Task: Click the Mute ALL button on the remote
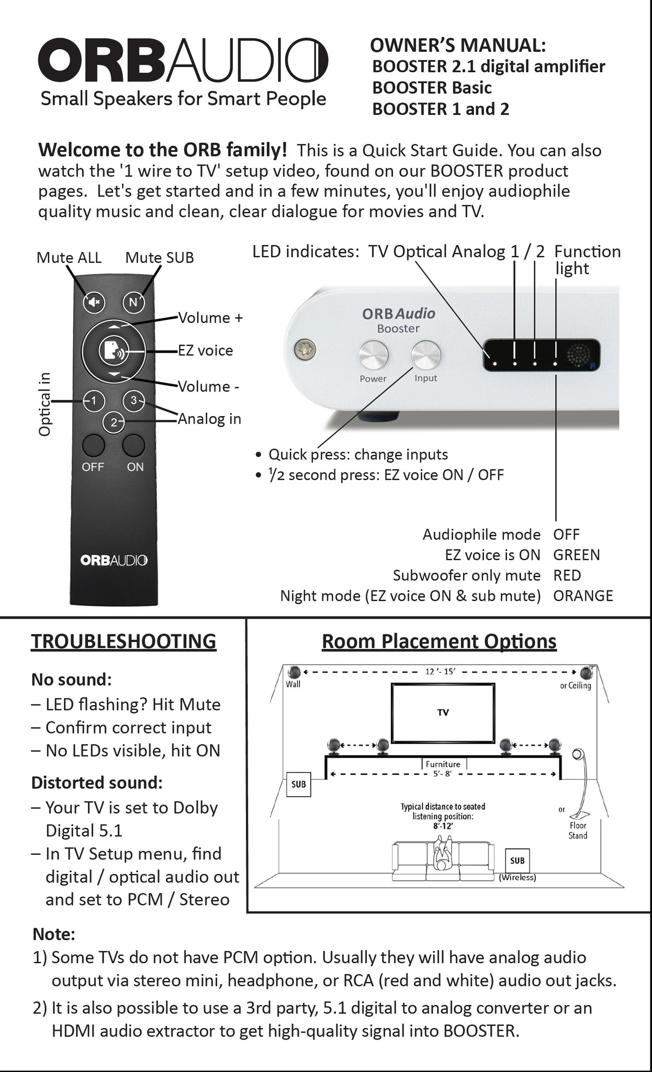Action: pos(94,302)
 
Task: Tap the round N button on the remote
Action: pos(133,302)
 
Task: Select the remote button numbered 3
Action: pos(133,401)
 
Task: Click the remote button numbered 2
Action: pos(114,422)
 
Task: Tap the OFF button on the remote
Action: pos(94,445)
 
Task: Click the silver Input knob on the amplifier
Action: pos(425,355)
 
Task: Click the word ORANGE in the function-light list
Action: pos(583,596)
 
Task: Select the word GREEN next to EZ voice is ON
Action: pos(577,555)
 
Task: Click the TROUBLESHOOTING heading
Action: pos(123,641)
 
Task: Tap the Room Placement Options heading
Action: pos(439,641)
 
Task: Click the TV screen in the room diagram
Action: pos(443,712)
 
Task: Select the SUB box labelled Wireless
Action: pos(517,861)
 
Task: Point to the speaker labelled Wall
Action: pos(294,672)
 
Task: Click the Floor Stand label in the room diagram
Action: pos(578,831)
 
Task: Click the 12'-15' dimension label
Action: pos(439,672)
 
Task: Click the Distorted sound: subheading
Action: pos(97,783)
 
